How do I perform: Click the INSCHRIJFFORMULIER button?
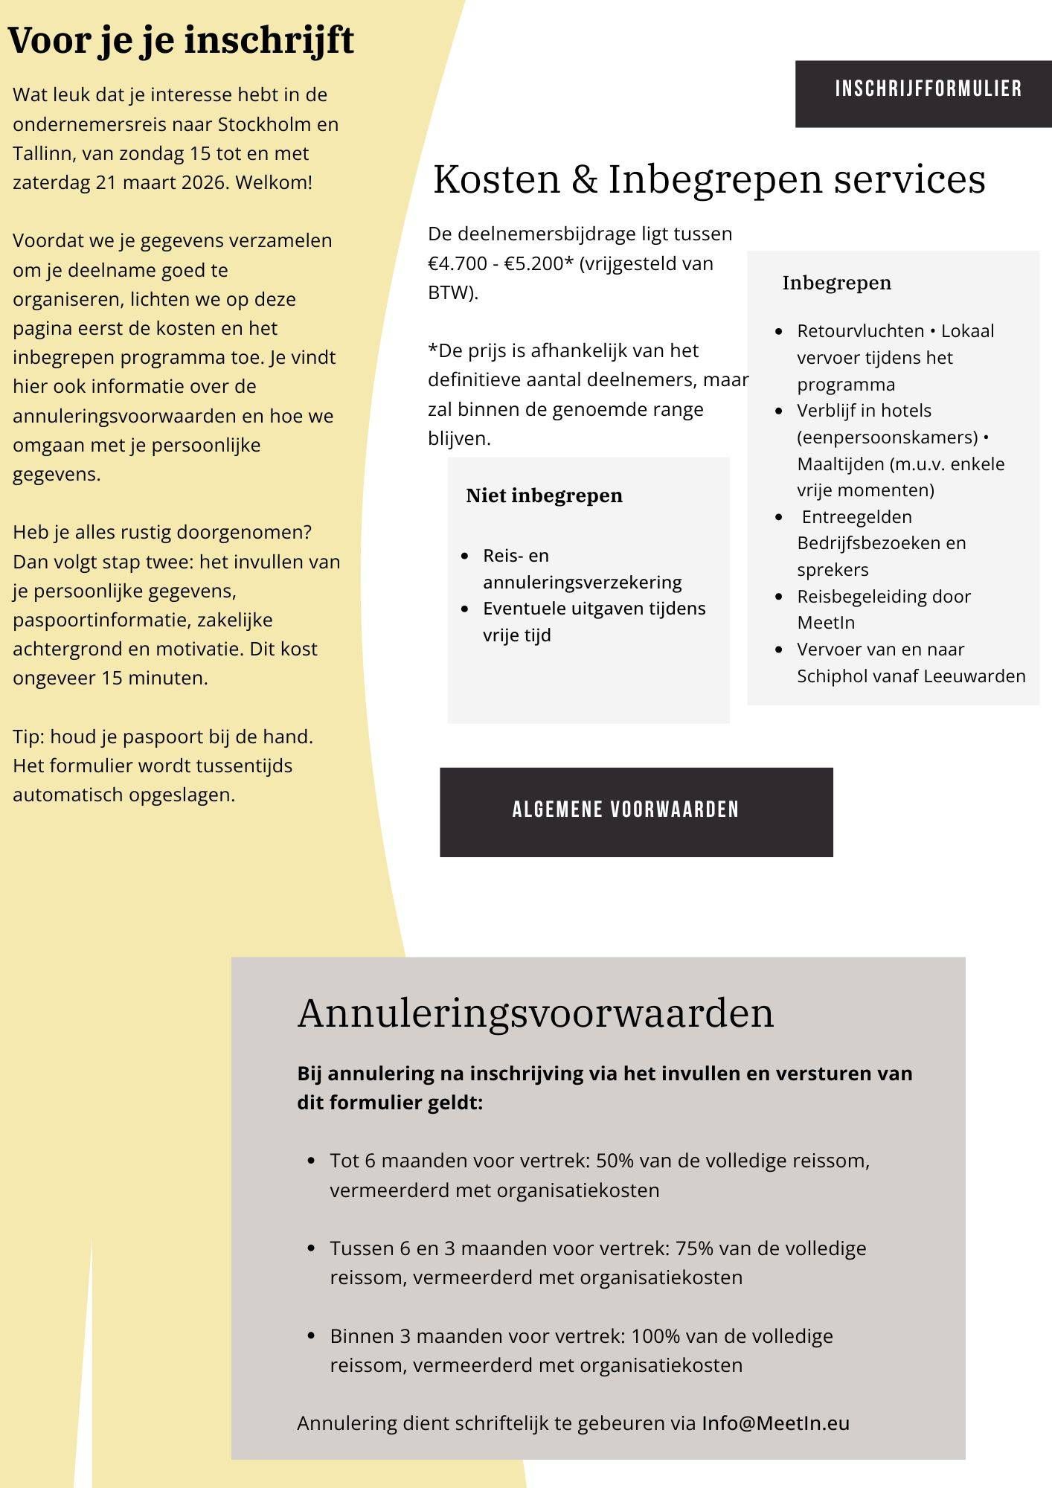point(927,90)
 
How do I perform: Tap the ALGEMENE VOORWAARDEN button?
point(626,810)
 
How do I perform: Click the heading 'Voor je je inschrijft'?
point(181,40)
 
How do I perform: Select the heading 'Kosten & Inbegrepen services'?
point(709,179)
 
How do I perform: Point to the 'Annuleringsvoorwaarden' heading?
point(536,1013)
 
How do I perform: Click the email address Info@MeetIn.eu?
point(775,1423)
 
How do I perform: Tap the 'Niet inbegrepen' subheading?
point(544,496)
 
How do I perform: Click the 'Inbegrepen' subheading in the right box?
point(836,283)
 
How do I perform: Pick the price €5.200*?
point(539,263)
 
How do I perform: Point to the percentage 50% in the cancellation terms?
point(615,1161)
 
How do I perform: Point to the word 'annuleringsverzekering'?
point(582,583)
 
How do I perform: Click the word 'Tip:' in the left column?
point(28,737)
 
